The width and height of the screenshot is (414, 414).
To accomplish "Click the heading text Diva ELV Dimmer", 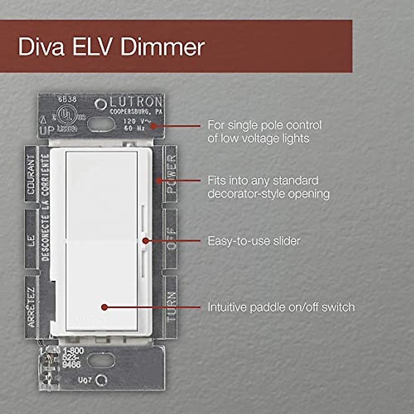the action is click(111, 47).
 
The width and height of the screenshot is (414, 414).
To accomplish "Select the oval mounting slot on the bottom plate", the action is click(101, 360).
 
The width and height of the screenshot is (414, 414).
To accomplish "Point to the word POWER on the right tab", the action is click(171, 174).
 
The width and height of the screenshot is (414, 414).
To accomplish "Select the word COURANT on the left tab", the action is click(31, 174).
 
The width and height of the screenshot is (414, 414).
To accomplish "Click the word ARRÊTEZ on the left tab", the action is click(31, 307).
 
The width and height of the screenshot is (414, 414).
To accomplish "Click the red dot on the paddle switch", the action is click(104, 307).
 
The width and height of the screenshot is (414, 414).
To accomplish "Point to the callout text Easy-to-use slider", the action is click(254, 241).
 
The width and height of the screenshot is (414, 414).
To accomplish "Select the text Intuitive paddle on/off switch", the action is click(281, 307).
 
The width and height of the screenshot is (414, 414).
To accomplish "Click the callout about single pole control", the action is click(264, 131).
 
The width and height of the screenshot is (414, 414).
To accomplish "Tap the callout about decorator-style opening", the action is click(268, 187).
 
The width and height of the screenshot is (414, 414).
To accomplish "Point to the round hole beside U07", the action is click(101, 380).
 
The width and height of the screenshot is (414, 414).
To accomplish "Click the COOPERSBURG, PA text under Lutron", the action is click(136, 112).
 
